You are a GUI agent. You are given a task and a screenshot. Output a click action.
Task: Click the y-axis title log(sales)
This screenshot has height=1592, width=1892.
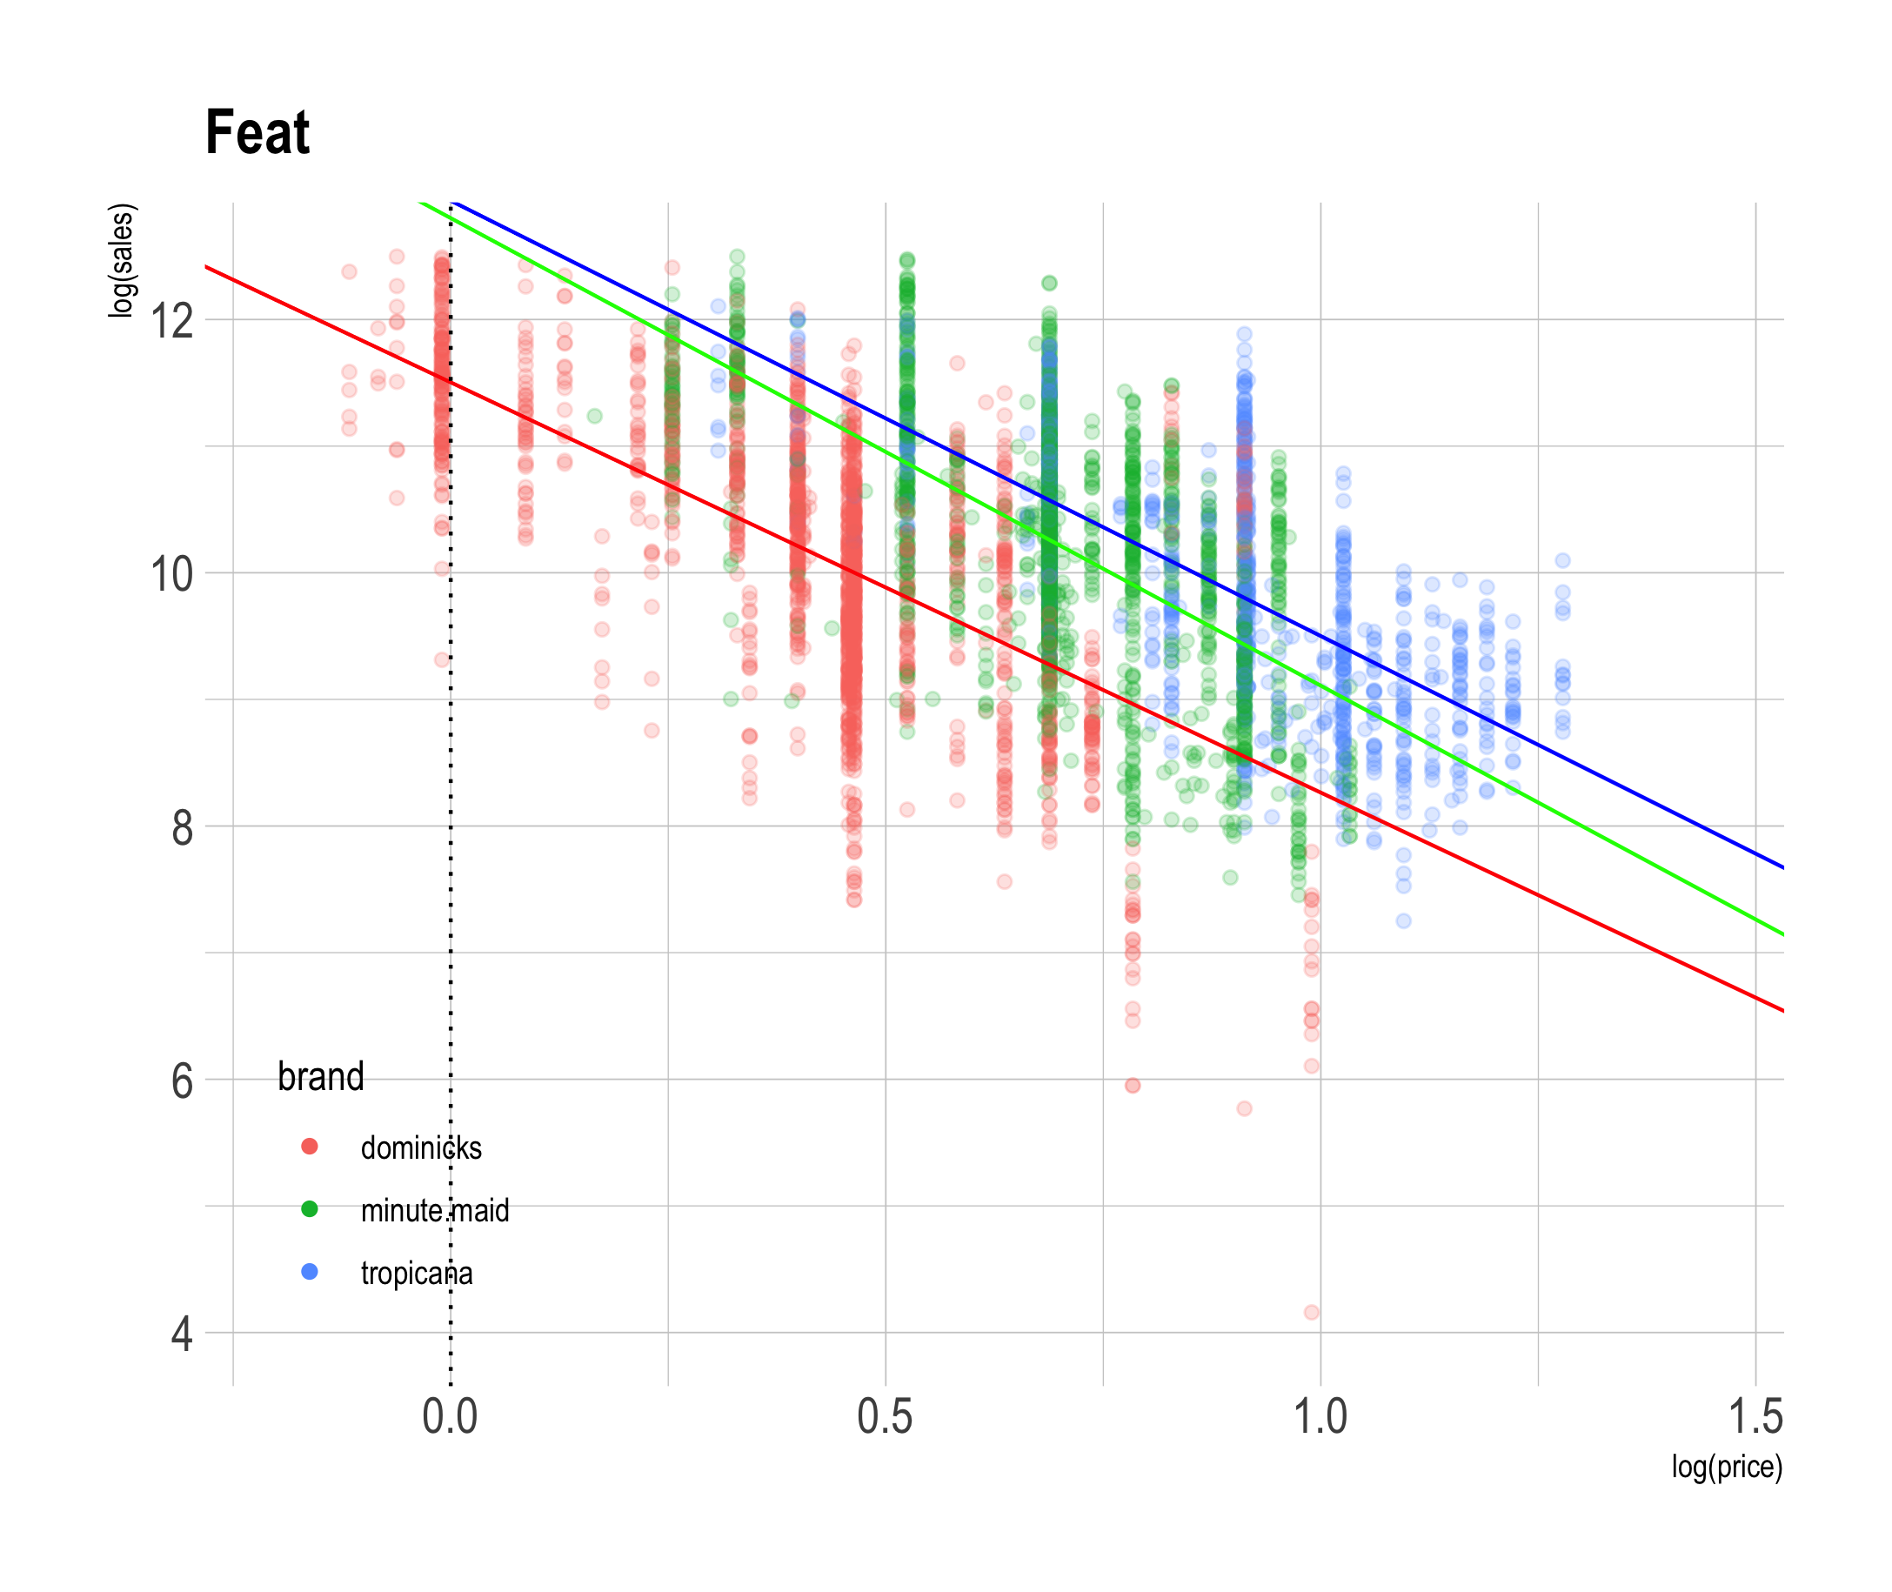click(121, 261)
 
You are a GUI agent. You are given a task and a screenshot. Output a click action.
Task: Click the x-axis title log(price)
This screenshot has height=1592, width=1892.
click(1726, 1467)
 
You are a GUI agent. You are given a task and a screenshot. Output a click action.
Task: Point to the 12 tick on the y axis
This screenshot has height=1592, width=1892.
click(172, 320)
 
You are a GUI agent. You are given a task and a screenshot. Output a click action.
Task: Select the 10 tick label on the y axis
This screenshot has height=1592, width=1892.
click(172, 574)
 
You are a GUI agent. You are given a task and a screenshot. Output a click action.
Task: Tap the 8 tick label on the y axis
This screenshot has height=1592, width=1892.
click(183, 827)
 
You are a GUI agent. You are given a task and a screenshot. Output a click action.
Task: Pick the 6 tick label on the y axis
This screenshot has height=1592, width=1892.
click(183, 1081)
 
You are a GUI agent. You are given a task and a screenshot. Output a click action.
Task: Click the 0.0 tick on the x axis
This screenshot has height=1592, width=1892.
click(451, 1417)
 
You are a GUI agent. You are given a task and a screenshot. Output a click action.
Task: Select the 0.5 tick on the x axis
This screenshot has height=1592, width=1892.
click(885, 1417)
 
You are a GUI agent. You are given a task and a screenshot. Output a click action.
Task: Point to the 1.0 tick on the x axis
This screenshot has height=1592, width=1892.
click(1320, 1417)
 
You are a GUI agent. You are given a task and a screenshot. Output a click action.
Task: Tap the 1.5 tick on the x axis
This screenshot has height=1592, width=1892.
click(1755, 1417)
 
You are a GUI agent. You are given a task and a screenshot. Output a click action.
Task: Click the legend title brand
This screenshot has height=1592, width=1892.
click(320, 1077)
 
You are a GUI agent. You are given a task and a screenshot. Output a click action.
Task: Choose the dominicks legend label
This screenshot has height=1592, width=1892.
click(421, 1148)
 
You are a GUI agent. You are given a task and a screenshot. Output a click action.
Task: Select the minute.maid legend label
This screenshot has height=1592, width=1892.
click(435, 1210)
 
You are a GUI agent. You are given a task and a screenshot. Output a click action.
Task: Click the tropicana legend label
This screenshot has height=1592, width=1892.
click(417, 1274)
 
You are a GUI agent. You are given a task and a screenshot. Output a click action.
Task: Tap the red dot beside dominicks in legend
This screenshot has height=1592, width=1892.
click(310, 1147)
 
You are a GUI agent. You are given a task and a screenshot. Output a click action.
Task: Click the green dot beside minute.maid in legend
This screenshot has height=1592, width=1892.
click(310, 1209)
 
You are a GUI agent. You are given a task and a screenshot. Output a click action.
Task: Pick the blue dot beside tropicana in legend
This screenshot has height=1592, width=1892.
click(310, 1272)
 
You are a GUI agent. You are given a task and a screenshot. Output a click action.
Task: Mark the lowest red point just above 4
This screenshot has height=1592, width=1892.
click(1312, 1312)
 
